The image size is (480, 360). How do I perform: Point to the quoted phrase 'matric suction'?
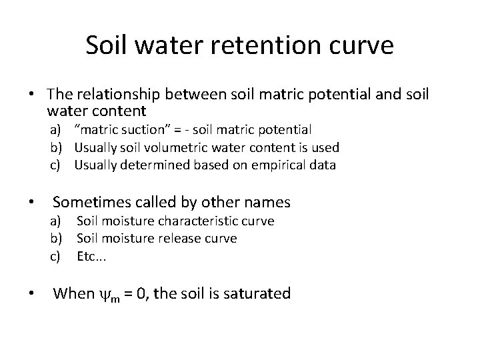[117, 130]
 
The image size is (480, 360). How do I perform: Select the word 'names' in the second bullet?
[267, 201]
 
